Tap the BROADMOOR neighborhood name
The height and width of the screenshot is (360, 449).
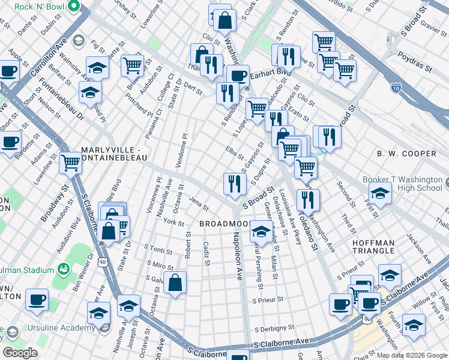click(x=224, y=223)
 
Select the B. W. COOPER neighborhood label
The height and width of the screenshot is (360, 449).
click(x=406, y=154)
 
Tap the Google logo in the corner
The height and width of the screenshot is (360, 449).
click(x=19, y=352)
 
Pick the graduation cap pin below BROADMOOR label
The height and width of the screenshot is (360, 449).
click(x=261, y=230)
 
